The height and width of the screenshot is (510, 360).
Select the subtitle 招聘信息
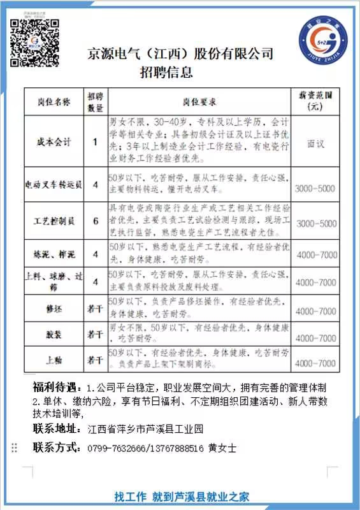pyautogui.click(x=166, y=72)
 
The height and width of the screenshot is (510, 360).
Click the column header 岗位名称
pyautogui.click(x=54, y=101)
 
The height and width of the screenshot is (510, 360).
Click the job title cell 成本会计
pyautogui.click(x=54, y=143)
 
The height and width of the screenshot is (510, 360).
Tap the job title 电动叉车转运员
pyautogui.click(x=54, y=186)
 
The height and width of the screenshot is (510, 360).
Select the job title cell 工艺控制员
pyautogui.click(x=54, y=221)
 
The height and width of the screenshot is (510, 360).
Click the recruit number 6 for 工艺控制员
pyautogui.click(x=96, y=221)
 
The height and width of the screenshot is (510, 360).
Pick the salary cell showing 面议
pyautogui.click(x=315, y=143)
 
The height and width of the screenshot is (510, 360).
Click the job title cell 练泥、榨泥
pyautogui.click(x=54, y=254)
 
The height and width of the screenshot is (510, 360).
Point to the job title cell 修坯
pyautogui.click(x=54, y=310)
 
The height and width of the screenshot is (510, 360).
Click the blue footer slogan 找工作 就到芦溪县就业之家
pyautogui.click(x=181, y=496)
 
